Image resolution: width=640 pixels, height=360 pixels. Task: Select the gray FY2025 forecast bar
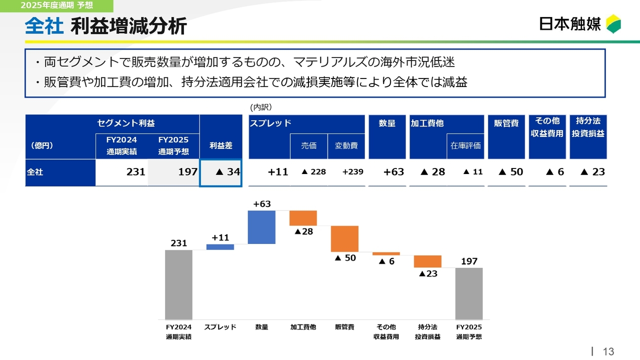[x=469, y=293]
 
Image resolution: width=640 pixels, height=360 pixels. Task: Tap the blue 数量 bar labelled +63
[x=261, y=227]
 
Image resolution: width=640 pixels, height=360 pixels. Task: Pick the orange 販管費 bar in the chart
[x=344, y=238]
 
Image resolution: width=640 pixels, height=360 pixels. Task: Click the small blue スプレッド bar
[x=220, y=247]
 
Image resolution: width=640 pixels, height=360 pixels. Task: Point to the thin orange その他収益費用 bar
[x=386, y=253]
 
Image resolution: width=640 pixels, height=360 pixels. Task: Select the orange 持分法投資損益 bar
[x=427, y=261]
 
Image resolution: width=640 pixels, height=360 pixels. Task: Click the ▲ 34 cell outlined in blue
[x=220, y=172]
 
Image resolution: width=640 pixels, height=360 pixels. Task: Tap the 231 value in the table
[x=135, y=172]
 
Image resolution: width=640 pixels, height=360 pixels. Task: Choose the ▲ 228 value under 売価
[x=313, y=172]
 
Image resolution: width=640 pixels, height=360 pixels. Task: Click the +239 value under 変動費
[x=352, y=172]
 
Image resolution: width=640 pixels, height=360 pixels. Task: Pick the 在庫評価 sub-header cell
[x=465, y=146]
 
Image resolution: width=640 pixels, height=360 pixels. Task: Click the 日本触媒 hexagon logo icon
[x=613, y=24]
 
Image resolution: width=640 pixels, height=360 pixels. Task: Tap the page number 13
[x=608, y=351]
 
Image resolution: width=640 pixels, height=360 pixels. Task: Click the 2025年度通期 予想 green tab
[x=56, y=6]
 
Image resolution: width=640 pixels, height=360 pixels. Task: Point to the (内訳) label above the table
[x=260, y=107]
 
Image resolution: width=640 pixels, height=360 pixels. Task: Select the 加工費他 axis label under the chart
[x=303, y=327]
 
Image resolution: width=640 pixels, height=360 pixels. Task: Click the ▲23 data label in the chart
[x=428, y=273]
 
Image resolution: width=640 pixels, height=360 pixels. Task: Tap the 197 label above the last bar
[x=469, y=261]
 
